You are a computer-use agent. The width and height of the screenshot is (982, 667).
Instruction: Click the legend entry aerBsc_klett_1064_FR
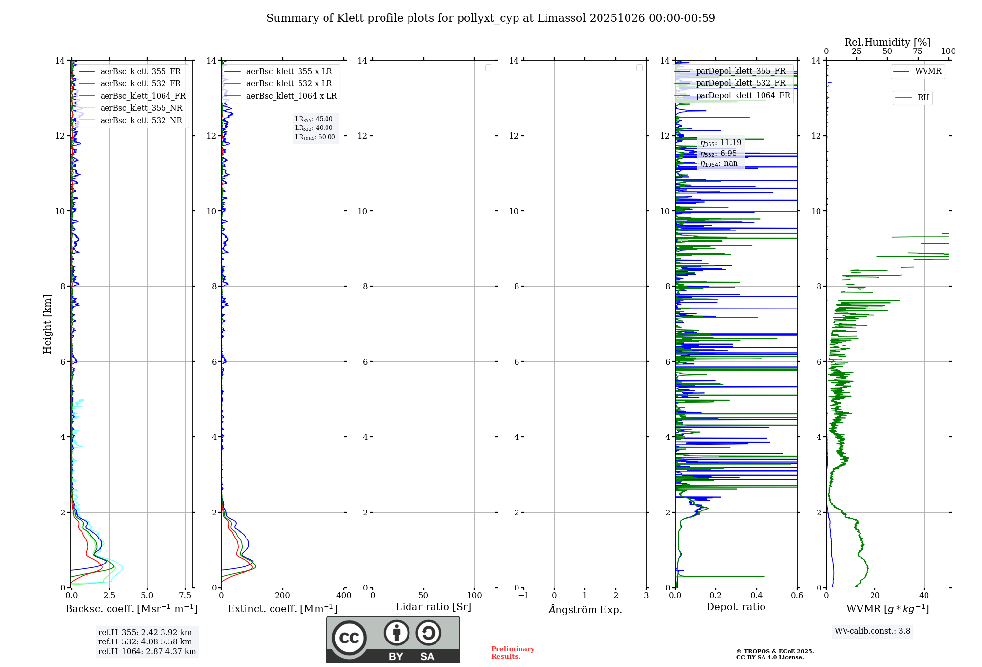tap(143, 96)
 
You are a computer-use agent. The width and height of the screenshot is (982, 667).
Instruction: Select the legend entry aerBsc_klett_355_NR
tap(141, 108)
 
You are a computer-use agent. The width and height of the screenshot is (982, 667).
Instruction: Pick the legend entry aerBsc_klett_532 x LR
tap(289, 84)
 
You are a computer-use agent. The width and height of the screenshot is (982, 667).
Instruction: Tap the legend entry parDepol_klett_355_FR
tap(740, 71)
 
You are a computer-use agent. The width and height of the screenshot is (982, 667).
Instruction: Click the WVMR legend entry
tap(928, 71)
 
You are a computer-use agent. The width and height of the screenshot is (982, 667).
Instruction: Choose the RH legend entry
tap(923, 98)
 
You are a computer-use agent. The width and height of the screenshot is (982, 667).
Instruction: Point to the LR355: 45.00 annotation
tap(314, 119)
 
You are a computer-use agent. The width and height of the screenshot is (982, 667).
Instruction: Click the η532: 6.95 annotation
tap(718, 154)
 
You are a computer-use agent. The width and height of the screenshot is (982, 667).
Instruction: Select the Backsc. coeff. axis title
tap(132, 609)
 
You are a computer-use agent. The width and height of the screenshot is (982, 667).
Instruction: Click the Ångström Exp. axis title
tap(585, 610)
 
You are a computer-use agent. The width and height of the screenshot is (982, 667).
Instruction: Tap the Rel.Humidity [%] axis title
tap(887, 42)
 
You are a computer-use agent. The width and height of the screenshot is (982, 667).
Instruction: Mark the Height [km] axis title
tap(47, 324)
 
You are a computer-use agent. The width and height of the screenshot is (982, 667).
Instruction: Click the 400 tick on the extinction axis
tap(344, 596)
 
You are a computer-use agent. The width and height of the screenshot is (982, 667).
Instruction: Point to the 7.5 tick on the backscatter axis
tap(185, 596)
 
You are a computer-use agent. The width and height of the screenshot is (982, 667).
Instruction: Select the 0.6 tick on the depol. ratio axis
tap(797, 596)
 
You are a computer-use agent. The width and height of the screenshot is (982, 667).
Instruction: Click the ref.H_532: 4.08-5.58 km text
tap(145, 642)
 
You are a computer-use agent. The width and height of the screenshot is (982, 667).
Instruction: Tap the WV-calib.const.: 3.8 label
tap(873, 631)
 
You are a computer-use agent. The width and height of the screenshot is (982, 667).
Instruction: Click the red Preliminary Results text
tap(513, 653)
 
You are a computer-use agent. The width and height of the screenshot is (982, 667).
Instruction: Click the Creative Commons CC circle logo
tap(349, 638)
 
